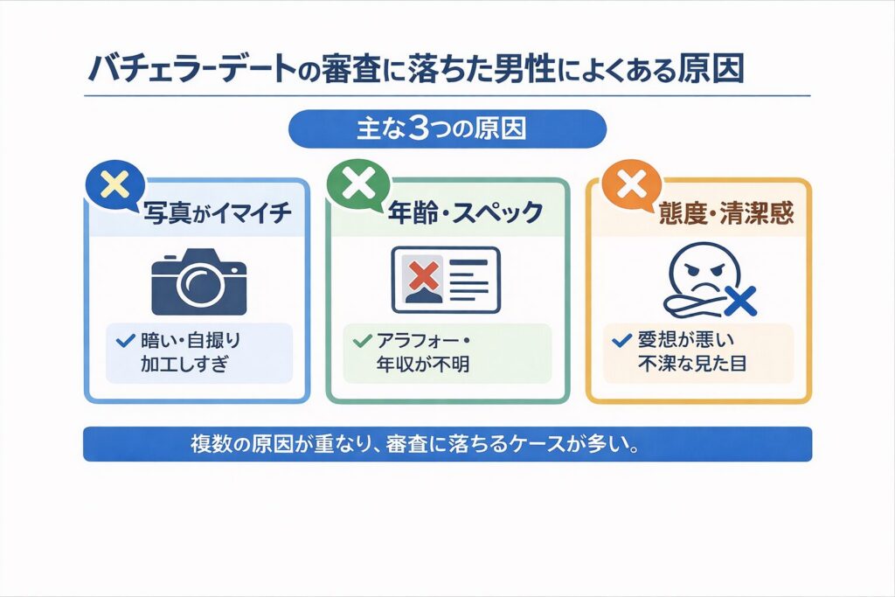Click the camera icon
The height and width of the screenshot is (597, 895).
click(x=198, y=281)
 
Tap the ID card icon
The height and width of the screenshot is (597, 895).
click(x=446, y=279)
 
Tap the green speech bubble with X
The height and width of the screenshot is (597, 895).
click(x=358, y=184)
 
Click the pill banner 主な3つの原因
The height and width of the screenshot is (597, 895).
click(x=447, y=128)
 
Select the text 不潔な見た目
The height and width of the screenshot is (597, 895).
click(x=689, y=364)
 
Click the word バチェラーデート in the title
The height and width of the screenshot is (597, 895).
click(x=189, y=70)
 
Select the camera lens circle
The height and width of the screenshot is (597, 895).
click(x=200, y=286)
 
